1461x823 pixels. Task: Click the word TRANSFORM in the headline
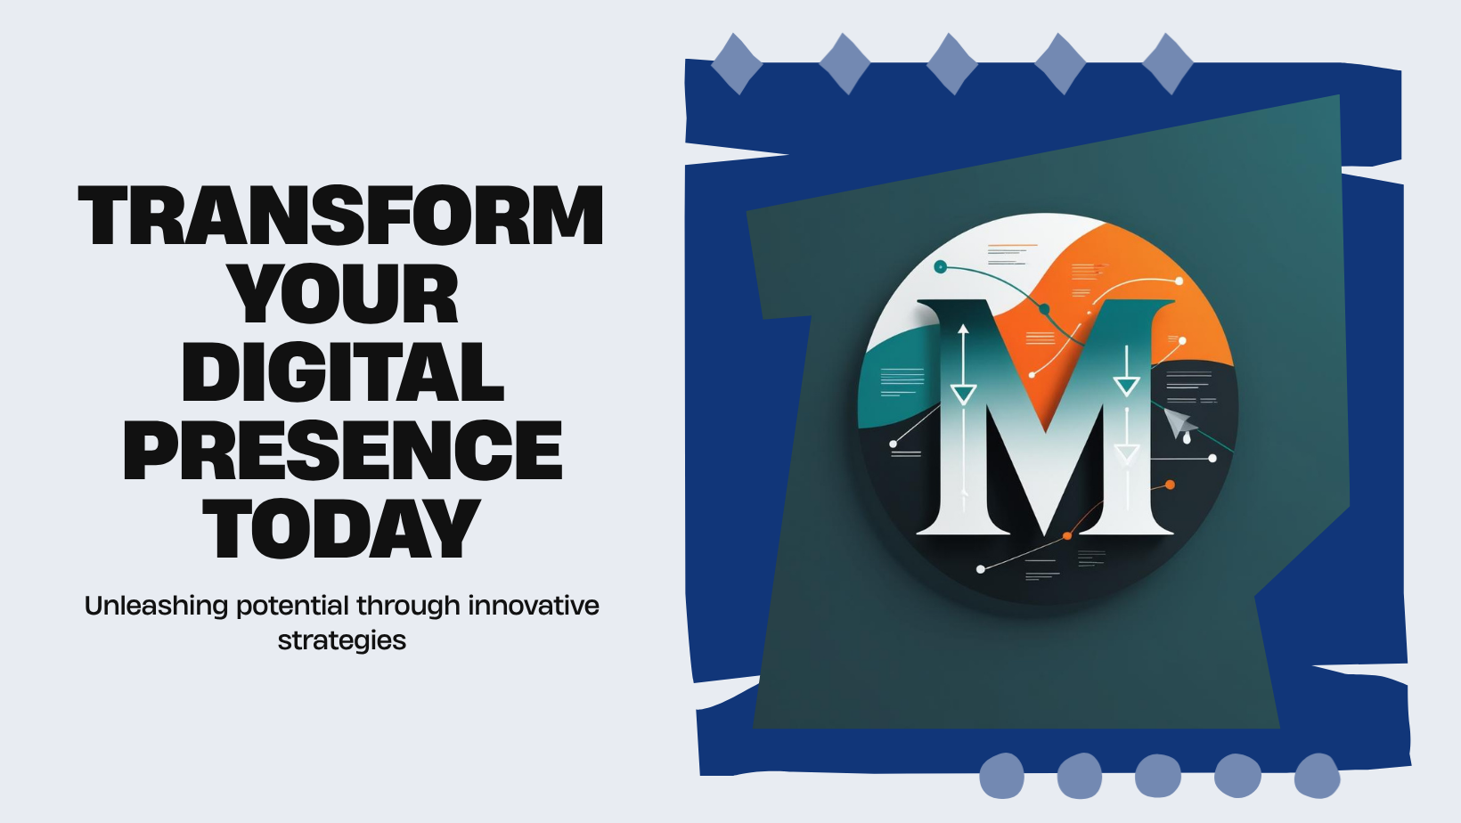(x=340, y=216)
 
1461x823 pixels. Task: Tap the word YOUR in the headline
(x=346, y=293)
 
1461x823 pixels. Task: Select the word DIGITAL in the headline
(x=343, y=371)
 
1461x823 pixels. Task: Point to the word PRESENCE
(x=342, y=450)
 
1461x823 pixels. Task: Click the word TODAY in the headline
(x=342, y=528)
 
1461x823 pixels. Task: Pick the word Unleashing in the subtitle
(x=157, y=606)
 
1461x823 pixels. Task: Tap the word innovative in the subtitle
(x=534, y=606)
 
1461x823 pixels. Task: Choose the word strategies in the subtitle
(x=342, y=641)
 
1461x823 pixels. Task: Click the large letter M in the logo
(x=1046, y=418)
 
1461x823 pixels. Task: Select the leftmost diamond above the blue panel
(x=737, y=64)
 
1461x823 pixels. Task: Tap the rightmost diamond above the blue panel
(x=1168, y=64)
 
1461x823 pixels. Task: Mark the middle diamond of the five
(x=952, y=64)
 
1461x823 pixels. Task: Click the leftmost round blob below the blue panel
(x=1002, y=776)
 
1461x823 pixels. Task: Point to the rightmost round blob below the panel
(x=1317, y=776)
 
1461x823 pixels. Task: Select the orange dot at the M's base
(x=1067, y=536)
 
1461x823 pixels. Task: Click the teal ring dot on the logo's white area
(x=940, y=266)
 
